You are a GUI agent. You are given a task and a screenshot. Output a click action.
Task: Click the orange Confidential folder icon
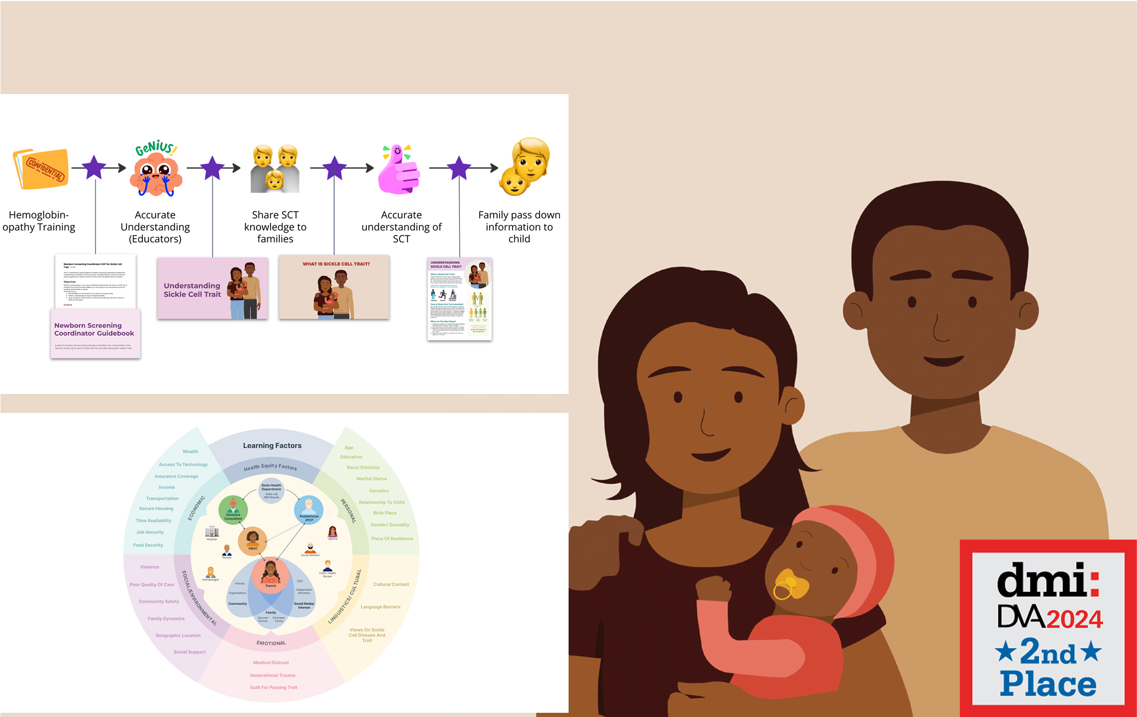point(41,169)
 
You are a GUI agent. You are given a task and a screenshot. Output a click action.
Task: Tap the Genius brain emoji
point(156,170)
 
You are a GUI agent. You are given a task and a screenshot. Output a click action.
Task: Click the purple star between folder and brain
point(94,168)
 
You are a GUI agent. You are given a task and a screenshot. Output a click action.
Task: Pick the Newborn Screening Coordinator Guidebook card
point(95,333)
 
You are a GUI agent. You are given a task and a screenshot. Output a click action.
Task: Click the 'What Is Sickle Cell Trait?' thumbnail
point(334,287)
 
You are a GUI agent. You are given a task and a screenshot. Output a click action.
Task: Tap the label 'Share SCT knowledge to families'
point(275,227)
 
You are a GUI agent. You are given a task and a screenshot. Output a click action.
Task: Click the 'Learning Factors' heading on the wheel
point(272,445)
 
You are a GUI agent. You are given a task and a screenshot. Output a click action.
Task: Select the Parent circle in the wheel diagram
point(270,575)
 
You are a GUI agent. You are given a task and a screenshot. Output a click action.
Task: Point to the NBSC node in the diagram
point(253,541)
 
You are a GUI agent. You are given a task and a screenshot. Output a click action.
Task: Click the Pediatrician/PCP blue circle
point(309,510)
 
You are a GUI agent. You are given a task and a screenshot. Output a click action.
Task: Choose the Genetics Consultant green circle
point(233,510)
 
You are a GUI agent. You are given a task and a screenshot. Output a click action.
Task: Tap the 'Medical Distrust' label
point(271,662)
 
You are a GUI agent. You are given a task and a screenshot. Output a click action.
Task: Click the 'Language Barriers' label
point(380,607)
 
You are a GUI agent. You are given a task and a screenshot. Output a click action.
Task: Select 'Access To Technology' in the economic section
point(183,464)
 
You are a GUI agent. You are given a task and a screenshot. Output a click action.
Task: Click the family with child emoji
point(275,169)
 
